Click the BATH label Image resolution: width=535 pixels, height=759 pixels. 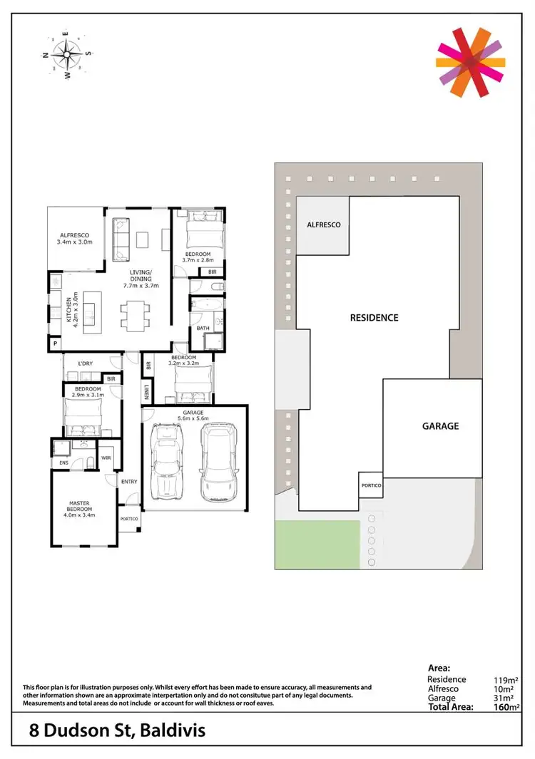pos(203,328)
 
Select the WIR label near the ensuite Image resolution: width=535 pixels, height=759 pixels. pos(106,458)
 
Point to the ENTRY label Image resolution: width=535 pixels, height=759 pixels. pos(129,482)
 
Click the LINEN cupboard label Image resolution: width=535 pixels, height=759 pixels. pos(146,393)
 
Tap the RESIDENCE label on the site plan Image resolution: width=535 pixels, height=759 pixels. pos(374,318)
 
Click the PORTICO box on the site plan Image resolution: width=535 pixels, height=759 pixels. pos(370,486)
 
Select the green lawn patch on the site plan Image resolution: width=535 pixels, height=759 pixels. pos(317,544)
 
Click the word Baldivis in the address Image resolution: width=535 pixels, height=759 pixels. pos(175,731)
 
